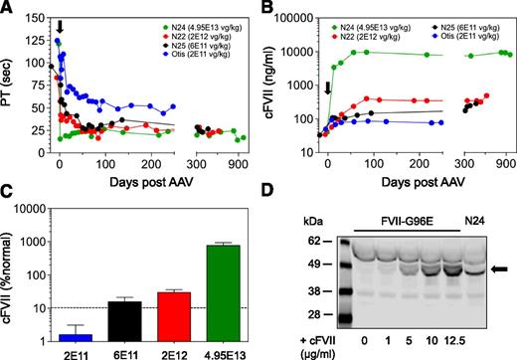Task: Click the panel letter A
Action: pos(9,9)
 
